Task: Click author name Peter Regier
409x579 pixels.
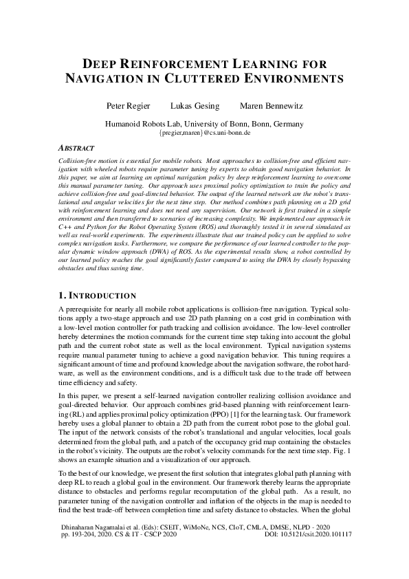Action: (126, 106)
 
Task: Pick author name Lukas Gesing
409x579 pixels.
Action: (195, 106)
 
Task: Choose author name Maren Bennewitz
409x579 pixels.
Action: (271, 106)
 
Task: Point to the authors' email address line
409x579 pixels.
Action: (204, 133)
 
